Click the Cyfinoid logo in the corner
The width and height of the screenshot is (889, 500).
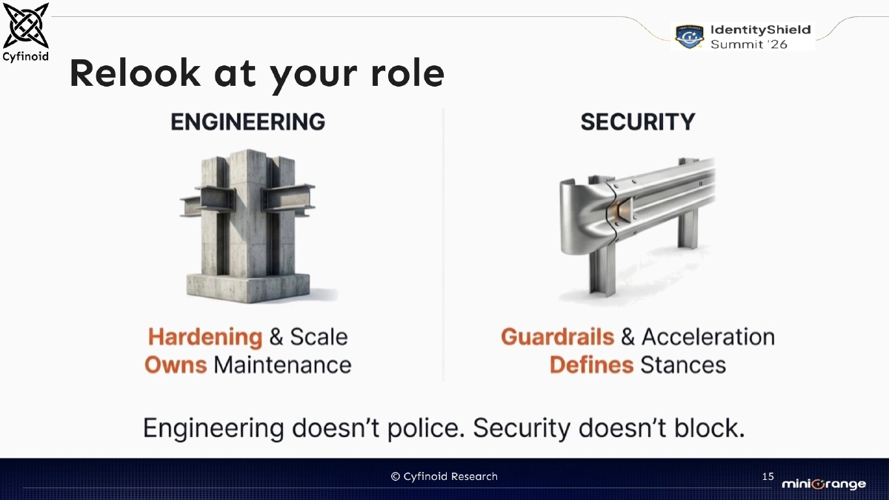tap(26, 27)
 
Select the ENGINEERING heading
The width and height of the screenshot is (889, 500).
tap(247, 121)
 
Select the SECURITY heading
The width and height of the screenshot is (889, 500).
tap(637, 121)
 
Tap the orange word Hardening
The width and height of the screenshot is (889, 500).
tap(205, 337)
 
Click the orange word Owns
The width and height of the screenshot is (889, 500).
tap(176, 364)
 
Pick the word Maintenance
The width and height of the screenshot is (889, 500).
tap(282, 364)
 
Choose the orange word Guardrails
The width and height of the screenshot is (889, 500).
tap(558, 337)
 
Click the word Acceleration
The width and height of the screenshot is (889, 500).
tap(707, 337)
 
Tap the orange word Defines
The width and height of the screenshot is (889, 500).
tap(591, 364)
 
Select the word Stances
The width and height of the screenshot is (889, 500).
tap(682, 364)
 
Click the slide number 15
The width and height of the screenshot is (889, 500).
tap(768, 476)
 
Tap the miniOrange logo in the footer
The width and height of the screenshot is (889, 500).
tap(823, 484)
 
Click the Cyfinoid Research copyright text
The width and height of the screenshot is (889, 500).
tap(444, 476)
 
